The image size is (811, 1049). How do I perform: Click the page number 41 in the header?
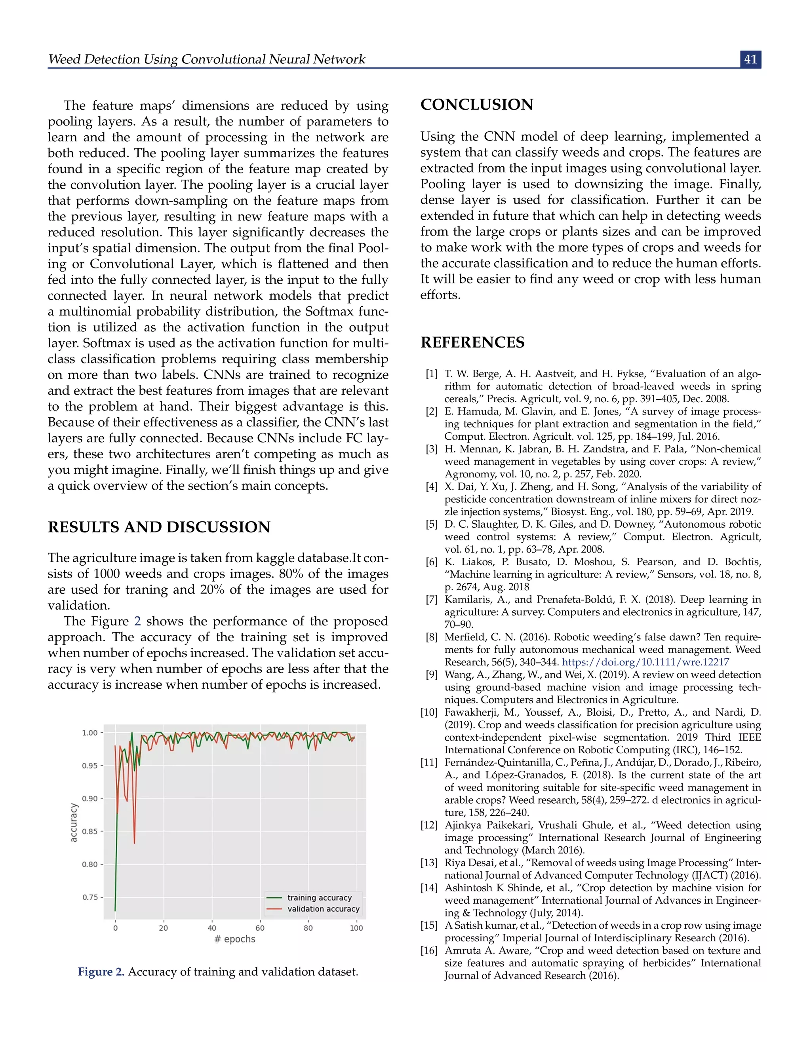[750, 59]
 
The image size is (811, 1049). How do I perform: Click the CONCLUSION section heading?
[477, 105]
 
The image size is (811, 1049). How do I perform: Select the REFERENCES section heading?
[472, 342]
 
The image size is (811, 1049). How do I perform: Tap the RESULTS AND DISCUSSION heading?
[158, 527]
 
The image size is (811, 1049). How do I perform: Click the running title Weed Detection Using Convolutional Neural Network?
[207, 59]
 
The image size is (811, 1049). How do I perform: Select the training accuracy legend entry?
[320, 898]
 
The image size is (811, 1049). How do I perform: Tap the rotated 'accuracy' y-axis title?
[74, 822]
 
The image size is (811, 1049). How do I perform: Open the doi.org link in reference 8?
[645, 662]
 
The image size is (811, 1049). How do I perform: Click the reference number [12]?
[429, 825]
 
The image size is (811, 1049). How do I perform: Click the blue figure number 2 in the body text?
[137, 621]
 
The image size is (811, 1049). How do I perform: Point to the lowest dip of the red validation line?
[134, 843]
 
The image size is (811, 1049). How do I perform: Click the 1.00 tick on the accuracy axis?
[89, 733]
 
